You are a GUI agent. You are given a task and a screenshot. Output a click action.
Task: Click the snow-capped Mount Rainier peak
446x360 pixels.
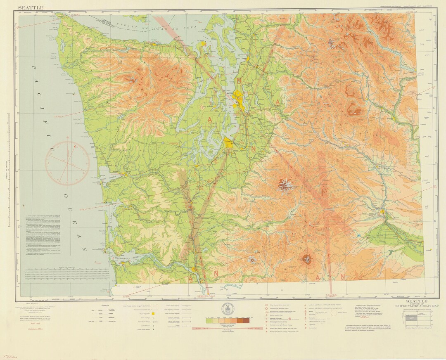[x=285, y=184]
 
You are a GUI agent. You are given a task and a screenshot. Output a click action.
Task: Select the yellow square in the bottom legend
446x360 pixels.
[x=152, y=314]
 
